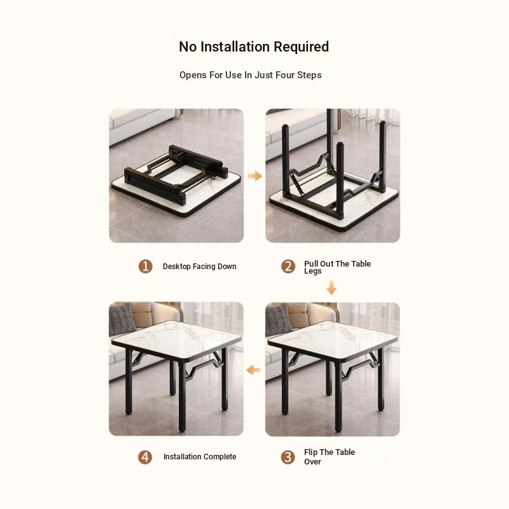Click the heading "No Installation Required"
pyautogui.click(x=254, y=46)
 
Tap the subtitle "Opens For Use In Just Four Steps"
pyautogui.click(x=250, y=75)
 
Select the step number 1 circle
pyautogui.click(x=146, y=267)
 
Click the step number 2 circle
pyautogui.click(x=288, y=267)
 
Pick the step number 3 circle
pyautogui.click(x=288, y=457)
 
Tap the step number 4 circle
pyautogui.click(x=145, y=457)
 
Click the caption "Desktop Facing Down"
pyautogui.click(x=200, y=267)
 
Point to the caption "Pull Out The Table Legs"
pyautogui.click(x=337, y=267)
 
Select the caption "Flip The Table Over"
pyautogui.click(x=330, y=457)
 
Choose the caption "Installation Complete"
pyautogui.click(x=200, y=457)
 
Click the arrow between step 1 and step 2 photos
pyautogui.click(x=255, y=176)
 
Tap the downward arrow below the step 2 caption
pyautogui.click(x=331, y=288)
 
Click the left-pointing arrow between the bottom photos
pyautogui.click(x=253, y=370)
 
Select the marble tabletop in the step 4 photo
pyautogui.click(x=177, y=339)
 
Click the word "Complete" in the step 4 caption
pyautogui.click(x=220, y=457)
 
